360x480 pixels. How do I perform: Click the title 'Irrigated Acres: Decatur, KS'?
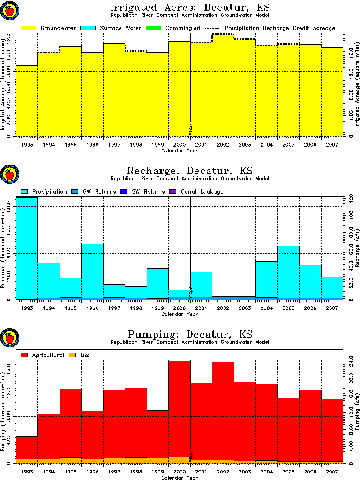(x=189, y=7)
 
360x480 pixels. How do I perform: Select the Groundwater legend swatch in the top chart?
(x=28, y=28)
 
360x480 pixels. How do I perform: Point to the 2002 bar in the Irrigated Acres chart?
(x=223, y=84)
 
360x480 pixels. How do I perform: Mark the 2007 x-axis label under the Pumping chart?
(x=331, y=472)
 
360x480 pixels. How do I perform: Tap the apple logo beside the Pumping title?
(x=9, y=338)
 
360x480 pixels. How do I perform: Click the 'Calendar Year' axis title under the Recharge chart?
(x=180, y=315)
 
